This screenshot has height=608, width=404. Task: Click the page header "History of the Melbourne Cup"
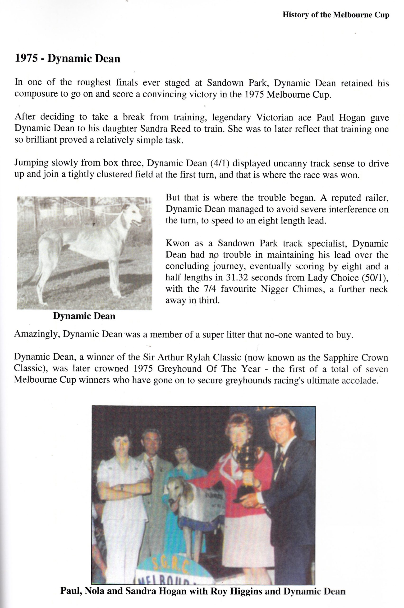[x=336, y=15]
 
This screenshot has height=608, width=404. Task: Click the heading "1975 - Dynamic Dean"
[x=68, y=59]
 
